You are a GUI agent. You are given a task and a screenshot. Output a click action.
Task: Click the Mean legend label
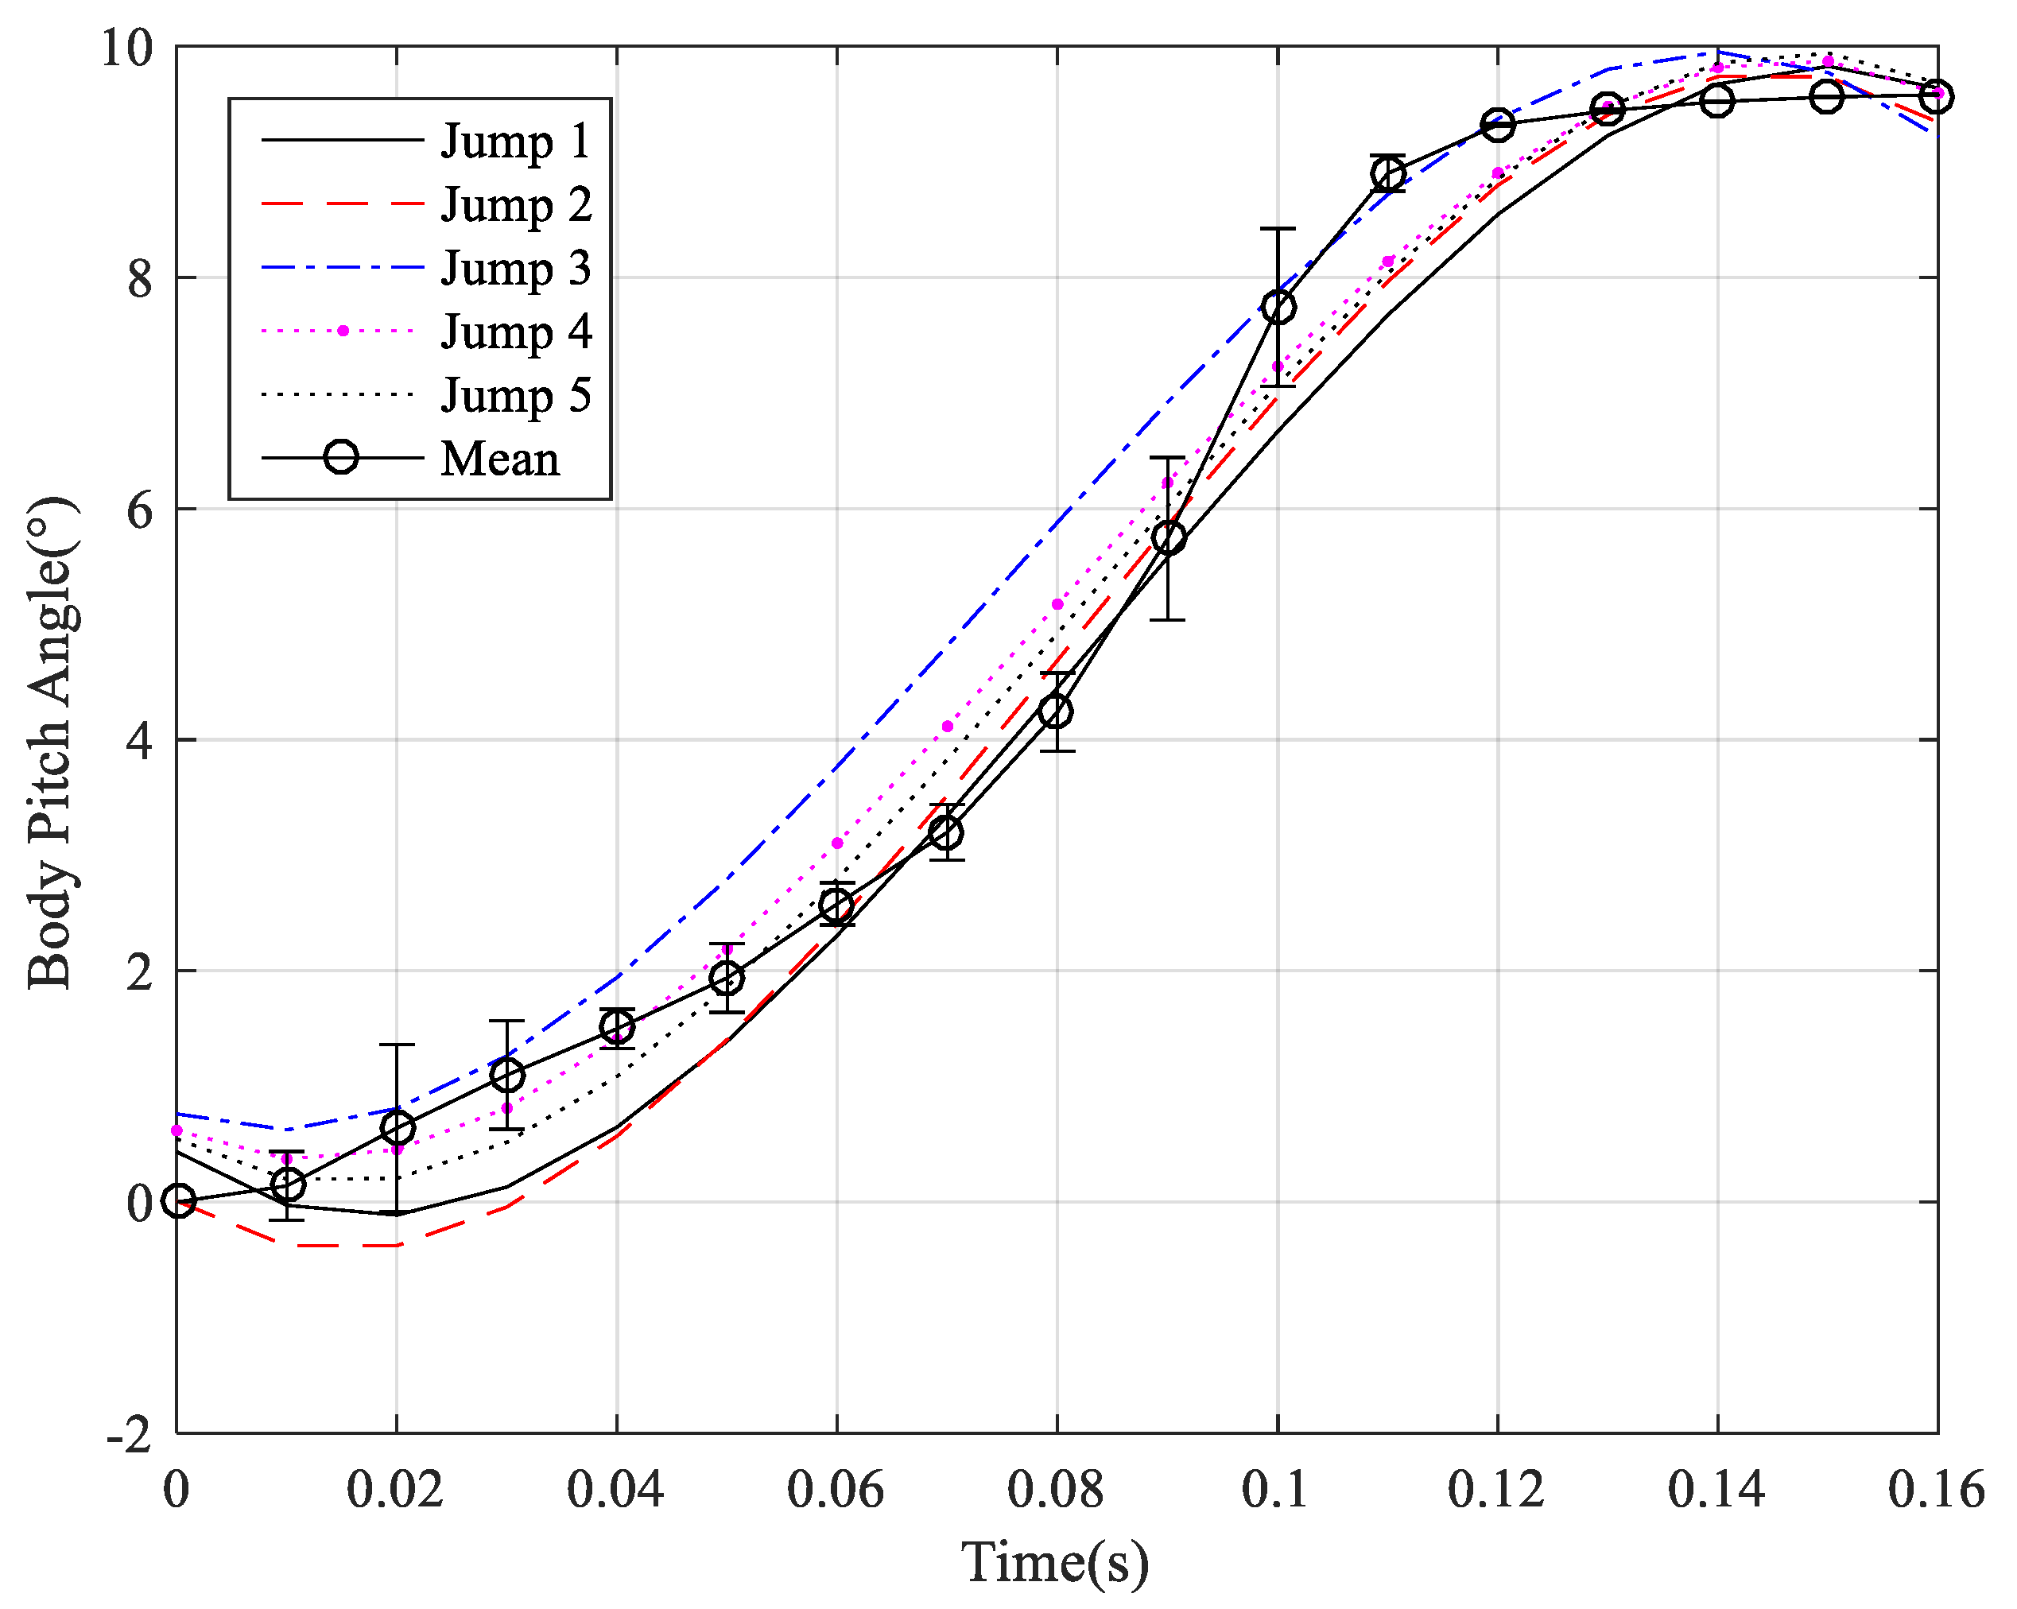click(x=501, y=459)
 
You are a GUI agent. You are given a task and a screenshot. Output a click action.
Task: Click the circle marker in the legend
click(x=342, y=457)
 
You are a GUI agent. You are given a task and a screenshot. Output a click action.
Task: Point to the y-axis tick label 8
click(x=141, y=277)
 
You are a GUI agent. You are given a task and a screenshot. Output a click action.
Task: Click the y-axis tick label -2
click(x=130, y=1434)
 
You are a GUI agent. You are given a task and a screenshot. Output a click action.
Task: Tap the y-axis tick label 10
click(x=126, y=48)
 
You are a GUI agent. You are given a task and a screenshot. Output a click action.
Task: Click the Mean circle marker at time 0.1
click(x=1278, y=307)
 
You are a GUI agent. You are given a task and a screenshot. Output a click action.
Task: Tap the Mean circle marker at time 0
click(x=179, y=1201)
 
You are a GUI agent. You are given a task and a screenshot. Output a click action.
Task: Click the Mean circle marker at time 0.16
click(x=1937, y=96)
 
